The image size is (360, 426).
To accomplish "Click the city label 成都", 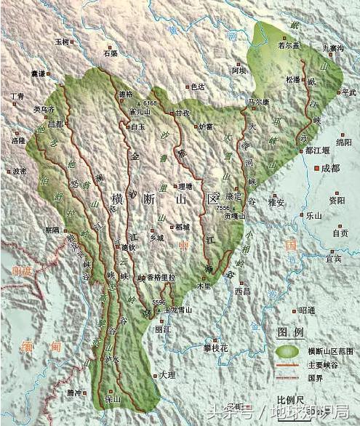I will pos(331,168).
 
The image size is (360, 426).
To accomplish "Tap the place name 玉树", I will pos(63,41).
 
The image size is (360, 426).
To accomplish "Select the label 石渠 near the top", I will pos(110,53).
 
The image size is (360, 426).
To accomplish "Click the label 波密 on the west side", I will pos(20,172).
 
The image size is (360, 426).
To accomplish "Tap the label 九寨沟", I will pos(332,48).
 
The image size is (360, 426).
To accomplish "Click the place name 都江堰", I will pos(317,150).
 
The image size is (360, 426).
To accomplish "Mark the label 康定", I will pos(234,196).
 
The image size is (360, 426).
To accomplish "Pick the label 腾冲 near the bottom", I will pos(75,392).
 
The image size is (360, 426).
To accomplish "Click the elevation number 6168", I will pos(151,103).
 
